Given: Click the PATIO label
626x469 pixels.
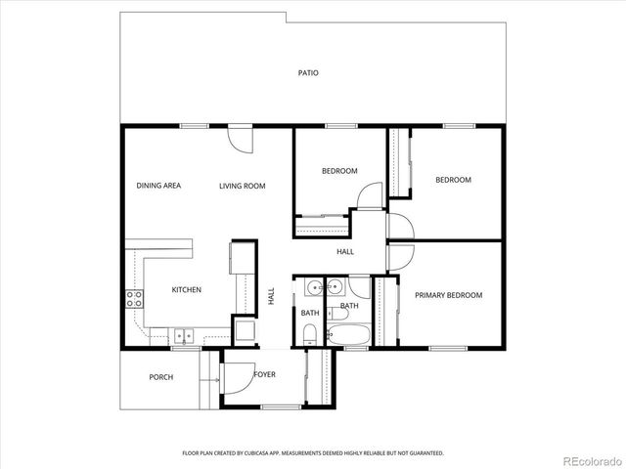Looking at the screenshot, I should coord(309,73).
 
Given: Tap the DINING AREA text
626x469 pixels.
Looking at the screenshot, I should coord(158,186).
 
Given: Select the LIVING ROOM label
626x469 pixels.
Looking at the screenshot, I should coord(243,186).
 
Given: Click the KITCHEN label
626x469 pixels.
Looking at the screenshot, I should coord(187,290).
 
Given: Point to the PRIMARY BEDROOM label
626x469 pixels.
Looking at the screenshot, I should coord(448,295).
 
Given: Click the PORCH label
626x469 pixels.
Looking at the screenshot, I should coord(161,377).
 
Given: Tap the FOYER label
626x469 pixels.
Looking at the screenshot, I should coord(264,374).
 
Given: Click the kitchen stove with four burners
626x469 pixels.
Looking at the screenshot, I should coord(133,299).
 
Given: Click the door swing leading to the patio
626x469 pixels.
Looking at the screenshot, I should coord(237,138).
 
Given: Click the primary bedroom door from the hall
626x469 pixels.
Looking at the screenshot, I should coord(400,257).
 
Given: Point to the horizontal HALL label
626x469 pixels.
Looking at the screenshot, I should coord(345,252).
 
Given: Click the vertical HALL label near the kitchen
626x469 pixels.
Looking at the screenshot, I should coord(271,295).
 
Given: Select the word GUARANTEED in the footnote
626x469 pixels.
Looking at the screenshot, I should coord(424,453).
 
